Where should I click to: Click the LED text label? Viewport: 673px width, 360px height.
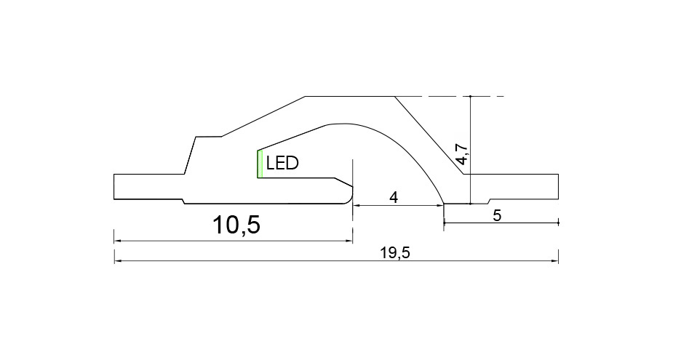(282, 163)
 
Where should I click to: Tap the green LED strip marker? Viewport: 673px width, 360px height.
(260, 164)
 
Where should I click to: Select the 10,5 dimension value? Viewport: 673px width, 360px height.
(236, 225)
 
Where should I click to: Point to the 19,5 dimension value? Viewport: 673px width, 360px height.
(395, 253)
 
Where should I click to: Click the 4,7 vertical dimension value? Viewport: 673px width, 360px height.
(462, 154)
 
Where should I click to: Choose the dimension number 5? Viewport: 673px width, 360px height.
(497, 215)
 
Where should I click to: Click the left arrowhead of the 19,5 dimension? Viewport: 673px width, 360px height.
(117, 260)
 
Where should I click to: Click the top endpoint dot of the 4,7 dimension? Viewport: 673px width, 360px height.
(471, 97)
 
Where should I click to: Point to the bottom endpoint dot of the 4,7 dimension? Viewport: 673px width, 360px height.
(471, 204)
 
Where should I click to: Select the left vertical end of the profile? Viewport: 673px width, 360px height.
(114, 187)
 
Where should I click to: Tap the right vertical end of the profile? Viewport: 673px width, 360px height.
(558, 187)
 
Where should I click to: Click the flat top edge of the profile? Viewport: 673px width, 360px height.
(350, 97)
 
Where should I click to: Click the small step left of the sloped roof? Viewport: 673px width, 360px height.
(209, 137)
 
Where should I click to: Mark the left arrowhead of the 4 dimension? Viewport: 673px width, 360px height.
(357, 206)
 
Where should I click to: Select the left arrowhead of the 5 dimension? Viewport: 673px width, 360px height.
(447, 223)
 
